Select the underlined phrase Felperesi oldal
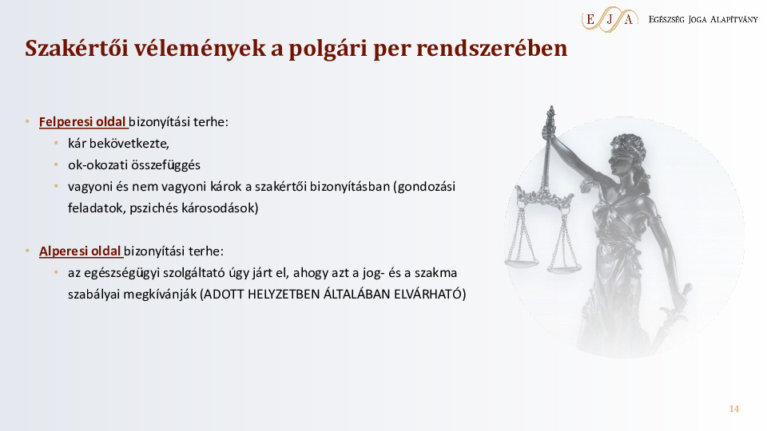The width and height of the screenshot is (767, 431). (83, 122)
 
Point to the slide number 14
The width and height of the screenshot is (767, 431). (733, 409)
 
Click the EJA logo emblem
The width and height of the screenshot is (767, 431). (610, 18)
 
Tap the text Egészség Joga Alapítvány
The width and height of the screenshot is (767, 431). (703, 18)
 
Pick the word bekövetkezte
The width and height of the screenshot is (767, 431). (131, 144)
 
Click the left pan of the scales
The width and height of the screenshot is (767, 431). (523, 259)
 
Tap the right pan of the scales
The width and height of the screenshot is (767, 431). (564, 267)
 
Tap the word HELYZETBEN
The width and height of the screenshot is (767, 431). (280, 295)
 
